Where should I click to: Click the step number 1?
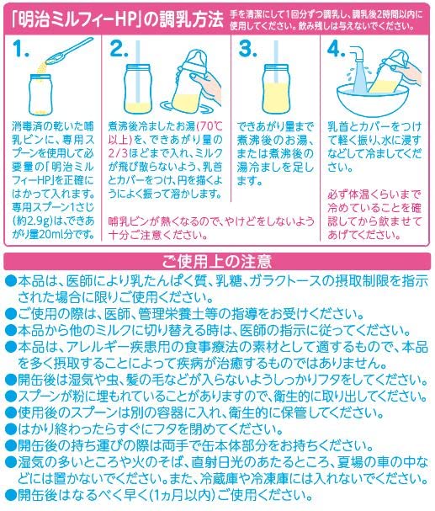pos(21,49)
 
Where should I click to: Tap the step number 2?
pos(119,49)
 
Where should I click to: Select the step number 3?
pos(247,49)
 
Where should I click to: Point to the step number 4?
pos(336,49)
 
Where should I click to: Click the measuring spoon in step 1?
pos(69,51)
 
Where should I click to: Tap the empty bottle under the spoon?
pos(40,94)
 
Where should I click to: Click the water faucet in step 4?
pos(358,53)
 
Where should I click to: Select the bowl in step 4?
pos(371,99)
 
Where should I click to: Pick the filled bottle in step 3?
pos(276,89)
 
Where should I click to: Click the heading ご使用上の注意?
pos(217,261)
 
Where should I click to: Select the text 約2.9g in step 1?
pos(34,221)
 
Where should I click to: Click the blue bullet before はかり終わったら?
pos(11,428)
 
